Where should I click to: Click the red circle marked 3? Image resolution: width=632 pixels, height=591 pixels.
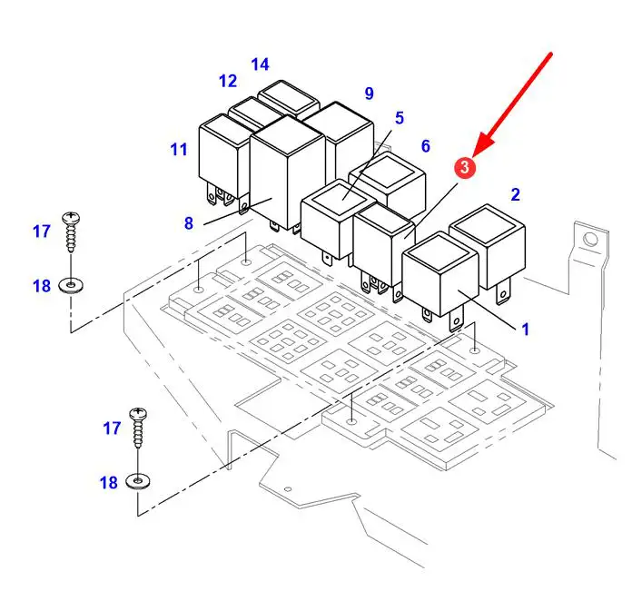(x=465, y=167)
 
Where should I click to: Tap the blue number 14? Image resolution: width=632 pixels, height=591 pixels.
(x=260, y=64)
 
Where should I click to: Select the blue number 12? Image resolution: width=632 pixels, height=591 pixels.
(x=228, y=81)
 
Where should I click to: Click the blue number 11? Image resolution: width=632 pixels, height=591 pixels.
(x=179, y=150)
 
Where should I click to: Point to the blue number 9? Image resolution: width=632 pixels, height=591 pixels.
(x=370, y=94)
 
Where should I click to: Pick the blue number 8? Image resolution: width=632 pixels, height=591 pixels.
(x=189, y=223)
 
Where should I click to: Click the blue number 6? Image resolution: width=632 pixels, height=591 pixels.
(x=426, y=146)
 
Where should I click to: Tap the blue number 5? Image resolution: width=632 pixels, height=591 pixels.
(x=399, y=118)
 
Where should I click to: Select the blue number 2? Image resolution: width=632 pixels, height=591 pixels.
(x=516, y=194)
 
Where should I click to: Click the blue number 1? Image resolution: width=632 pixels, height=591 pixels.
(x=525, y=330)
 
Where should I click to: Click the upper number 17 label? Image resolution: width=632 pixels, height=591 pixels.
(x=42, y=231)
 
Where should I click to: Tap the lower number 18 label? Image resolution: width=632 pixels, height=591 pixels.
(x=108, y=482)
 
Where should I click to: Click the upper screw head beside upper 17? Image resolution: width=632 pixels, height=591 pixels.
(x=72, y=218)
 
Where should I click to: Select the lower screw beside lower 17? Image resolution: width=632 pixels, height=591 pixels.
(x=138, y=427)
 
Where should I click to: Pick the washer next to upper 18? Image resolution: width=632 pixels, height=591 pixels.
(x=72, y=286)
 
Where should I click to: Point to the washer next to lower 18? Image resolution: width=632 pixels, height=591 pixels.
(x=138, y=481)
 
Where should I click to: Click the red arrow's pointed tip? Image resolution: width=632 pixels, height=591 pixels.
(x=474, y=156)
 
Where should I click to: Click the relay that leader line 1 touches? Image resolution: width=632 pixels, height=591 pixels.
(x=440, y=278)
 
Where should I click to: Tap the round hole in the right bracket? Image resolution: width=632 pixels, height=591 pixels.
(x=590, y=240)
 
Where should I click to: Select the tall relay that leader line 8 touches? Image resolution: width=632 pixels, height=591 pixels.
(x=287, y=173)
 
